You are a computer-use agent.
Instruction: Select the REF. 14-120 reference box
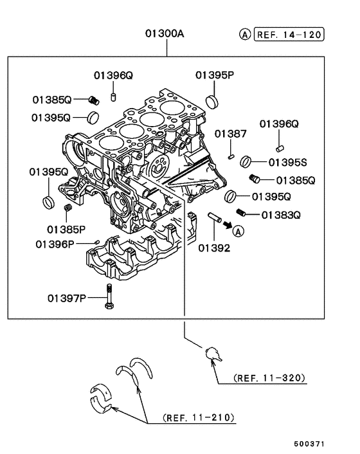point(289,35)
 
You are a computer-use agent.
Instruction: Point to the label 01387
point(230,134)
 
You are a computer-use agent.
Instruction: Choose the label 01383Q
point(281,214)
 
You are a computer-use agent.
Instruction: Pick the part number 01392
point(214,247)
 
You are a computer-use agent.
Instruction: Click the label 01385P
point(66,228)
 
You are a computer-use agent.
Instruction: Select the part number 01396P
point(55,244)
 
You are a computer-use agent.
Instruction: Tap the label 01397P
point(66,298)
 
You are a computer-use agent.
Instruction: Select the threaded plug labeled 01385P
point(67,208)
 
